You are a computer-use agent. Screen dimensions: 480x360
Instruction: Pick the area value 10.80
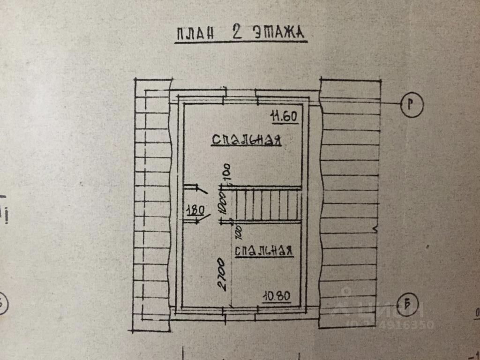pyautogui.click(x=277, y=296)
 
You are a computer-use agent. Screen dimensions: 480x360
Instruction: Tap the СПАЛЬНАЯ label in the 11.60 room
pyautogui.click(x=246, y=140)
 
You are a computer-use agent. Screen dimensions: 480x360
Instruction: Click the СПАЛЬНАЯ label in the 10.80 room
pyautogui.click(x=264, y=251)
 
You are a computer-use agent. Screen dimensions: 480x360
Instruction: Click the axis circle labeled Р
pyautogui.click(x=412, y=104)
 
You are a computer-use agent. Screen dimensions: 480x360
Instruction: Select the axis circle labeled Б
pyautogui.click(x=409, y=305)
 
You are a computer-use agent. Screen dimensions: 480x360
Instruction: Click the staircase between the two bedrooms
pyautogui.click(x=267, y=204)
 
